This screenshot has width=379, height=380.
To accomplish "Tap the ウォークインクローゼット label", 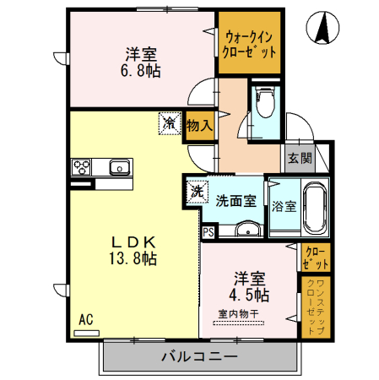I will pyautogui.click(x=249, y=42).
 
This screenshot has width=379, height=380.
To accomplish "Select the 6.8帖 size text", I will pyautogui.click(x=140, y=71).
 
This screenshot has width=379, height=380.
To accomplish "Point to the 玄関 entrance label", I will pyautogui.click(x=299, y=157).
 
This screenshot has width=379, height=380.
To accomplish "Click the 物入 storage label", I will pyautogui.click(x=199, y=124).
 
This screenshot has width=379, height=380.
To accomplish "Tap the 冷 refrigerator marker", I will pyautogui.click(x=170, y=123).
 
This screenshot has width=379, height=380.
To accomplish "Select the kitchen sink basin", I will pyautogui.click(x=119, y=166).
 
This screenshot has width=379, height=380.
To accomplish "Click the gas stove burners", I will pyautogui.click(x=83, y=166).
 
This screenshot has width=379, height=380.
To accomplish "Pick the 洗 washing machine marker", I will pyautogui.click(x=196, y=192).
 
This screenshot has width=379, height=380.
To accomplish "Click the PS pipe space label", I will pyautogui.click(x=208, y=229).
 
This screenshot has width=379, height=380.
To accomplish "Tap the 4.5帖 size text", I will pyautogui.click(x=251, y=295).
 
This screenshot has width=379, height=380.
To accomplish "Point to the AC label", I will pyautogui.click(x=85, y=320).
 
